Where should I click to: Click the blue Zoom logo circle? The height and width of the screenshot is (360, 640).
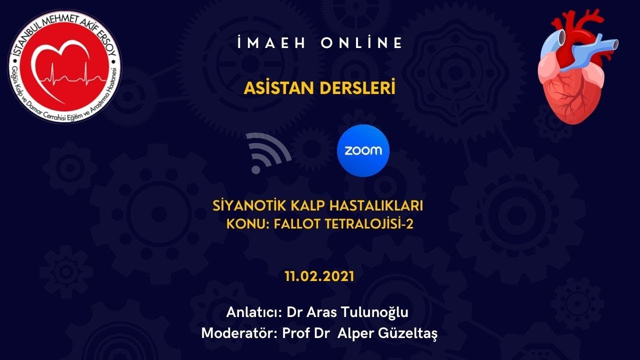363,150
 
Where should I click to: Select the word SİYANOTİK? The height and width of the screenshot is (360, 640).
244,205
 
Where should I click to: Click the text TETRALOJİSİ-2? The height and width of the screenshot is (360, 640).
369,223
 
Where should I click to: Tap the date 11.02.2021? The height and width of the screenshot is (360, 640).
319,276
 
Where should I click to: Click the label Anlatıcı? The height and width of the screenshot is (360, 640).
253,312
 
